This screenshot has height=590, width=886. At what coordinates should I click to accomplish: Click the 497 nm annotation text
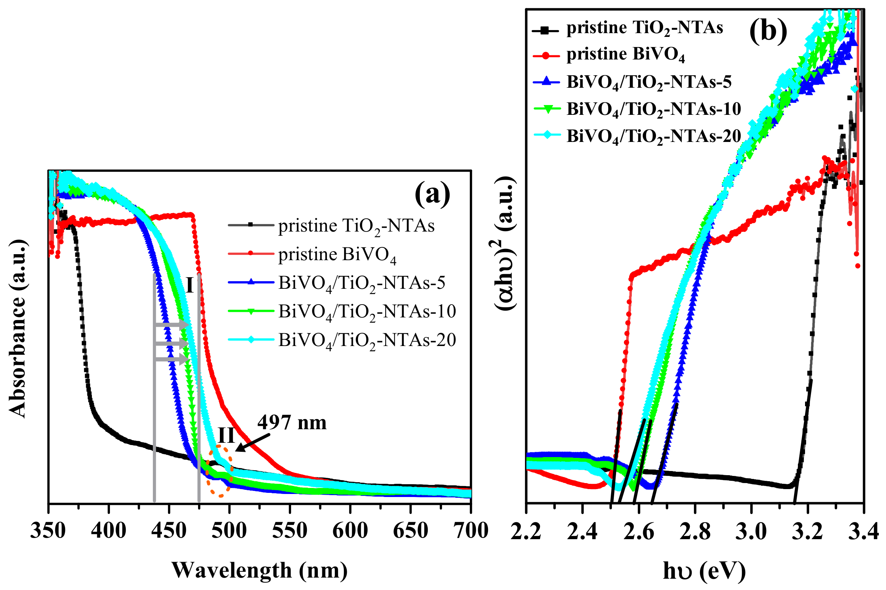292,423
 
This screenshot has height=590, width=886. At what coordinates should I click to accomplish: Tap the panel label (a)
432,194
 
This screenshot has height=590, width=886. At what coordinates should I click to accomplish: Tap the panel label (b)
768,31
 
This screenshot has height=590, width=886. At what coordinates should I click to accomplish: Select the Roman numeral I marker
190,285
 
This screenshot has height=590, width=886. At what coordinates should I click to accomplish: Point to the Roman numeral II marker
227,436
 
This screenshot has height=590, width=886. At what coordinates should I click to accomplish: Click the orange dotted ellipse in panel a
220,471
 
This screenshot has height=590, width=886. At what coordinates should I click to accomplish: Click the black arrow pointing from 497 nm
252,442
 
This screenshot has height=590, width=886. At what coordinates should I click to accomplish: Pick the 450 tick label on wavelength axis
169,531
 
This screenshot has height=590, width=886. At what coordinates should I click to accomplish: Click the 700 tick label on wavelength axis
470,531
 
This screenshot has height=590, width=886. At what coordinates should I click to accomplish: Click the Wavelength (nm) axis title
260,570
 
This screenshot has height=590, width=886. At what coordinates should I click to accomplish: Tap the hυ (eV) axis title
704,571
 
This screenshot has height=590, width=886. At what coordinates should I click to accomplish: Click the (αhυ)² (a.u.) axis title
505,243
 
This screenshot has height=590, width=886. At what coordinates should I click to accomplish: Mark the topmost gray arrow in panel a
171,325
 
